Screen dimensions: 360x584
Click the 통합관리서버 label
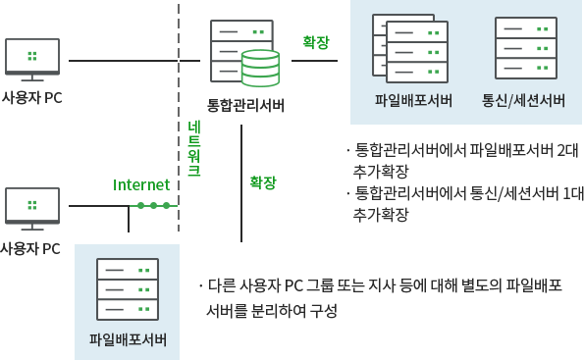click(244, 104)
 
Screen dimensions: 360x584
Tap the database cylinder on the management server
click(260, 68)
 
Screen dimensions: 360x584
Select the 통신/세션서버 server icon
click(524, 46)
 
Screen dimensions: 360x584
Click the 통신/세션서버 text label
click(523, 100)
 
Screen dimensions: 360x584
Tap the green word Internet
click(141, 184)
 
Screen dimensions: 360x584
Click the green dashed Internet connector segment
click(154, 205)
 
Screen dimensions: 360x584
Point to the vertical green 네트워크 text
click(194, 148)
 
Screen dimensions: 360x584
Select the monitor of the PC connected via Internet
click(32, 208)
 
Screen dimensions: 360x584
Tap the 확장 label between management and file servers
click(316, 42)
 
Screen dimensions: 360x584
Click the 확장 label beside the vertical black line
click(263, 182)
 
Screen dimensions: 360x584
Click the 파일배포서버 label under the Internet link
click(127, 340)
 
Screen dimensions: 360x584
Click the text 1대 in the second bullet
click(569, 193)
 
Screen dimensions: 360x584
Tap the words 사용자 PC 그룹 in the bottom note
click(301, 286)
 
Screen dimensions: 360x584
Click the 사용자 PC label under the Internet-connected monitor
click(30, 248)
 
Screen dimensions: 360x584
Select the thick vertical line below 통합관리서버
click(240, 181)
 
